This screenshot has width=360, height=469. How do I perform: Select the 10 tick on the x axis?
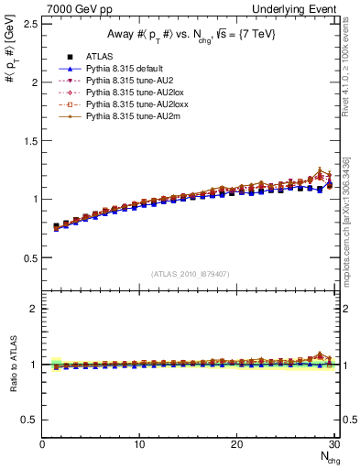click(139, 444)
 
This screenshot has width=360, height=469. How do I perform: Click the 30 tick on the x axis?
click(334, 444)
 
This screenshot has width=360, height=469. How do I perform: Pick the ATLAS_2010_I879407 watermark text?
click(190, 274)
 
